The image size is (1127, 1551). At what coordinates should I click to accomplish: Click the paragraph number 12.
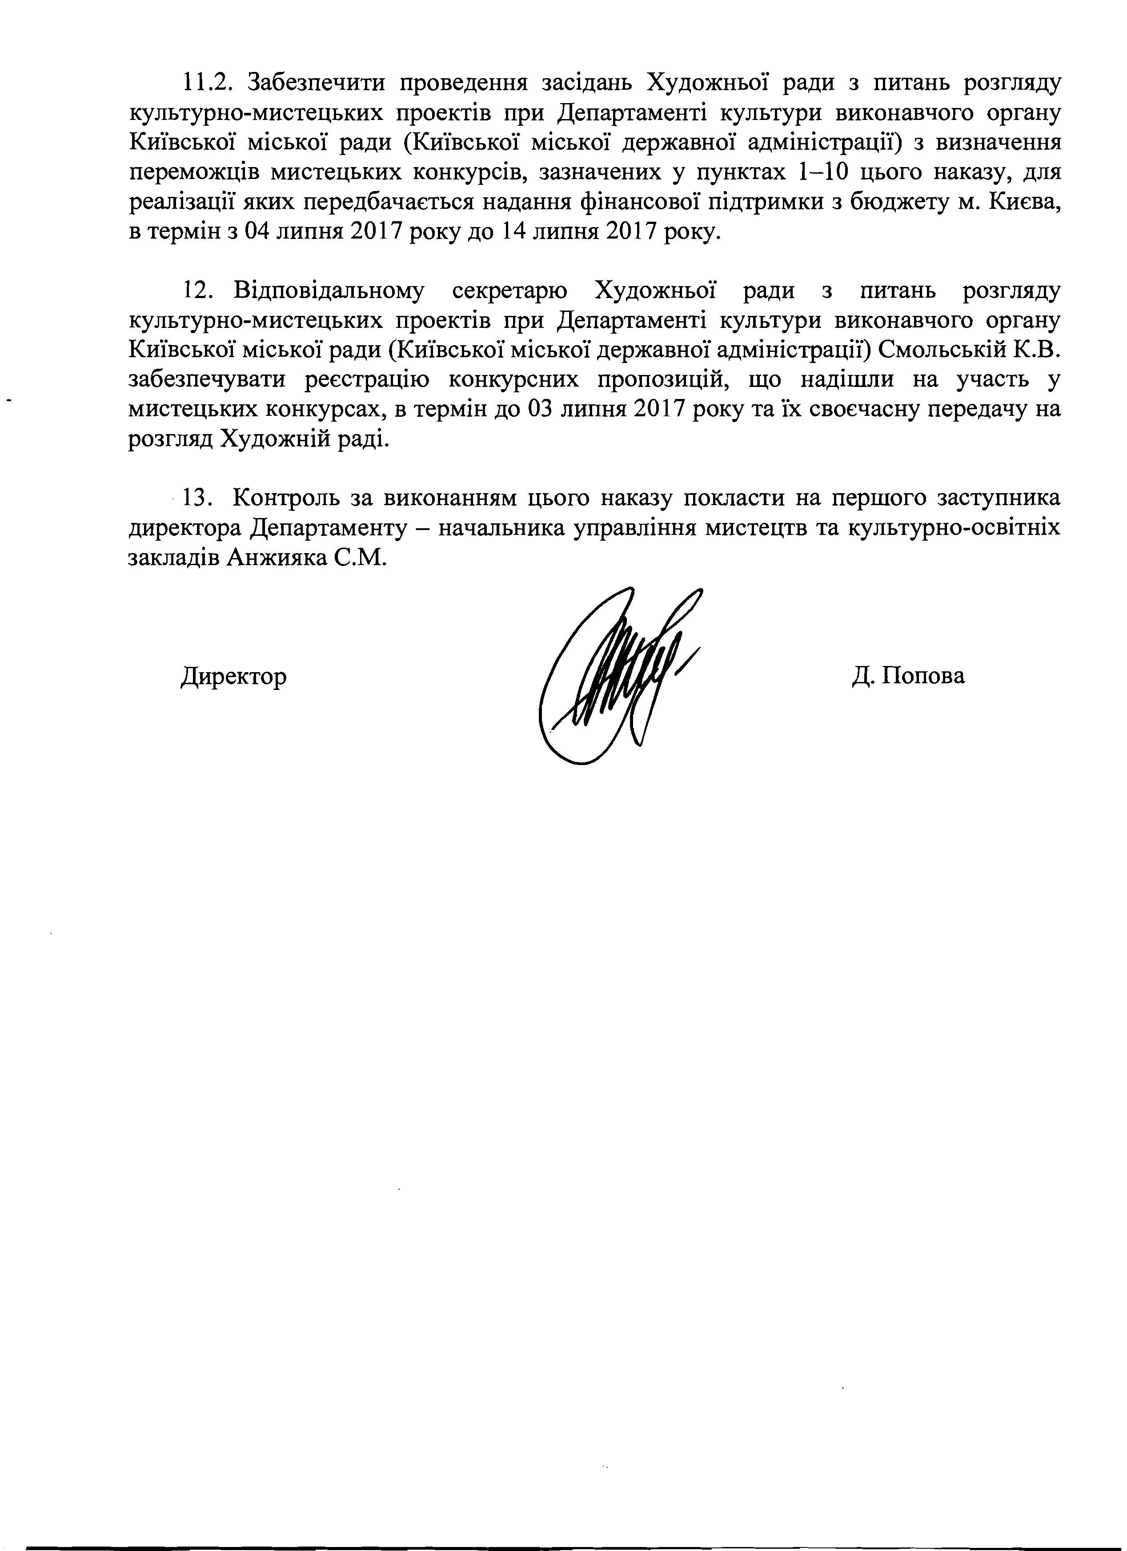200,291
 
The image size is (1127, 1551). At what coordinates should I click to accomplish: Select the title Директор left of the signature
234,677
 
